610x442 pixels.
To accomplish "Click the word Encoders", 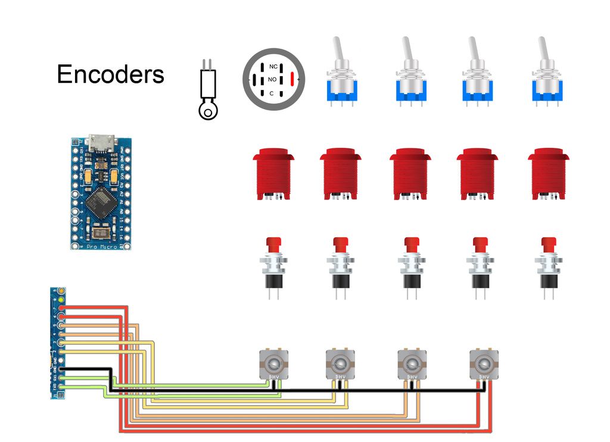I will point(110,74).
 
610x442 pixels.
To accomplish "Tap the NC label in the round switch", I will point(273,66).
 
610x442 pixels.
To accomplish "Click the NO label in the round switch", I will point(272,79).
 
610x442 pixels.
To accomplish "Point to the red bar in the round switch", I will point(292,79).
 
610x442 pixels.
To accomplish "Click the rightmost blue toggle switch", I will point(546,77).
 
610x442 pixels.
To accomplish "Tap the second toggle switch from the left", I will point(410,77).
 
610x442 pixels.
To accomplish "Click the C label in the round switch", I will point(272,94).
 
